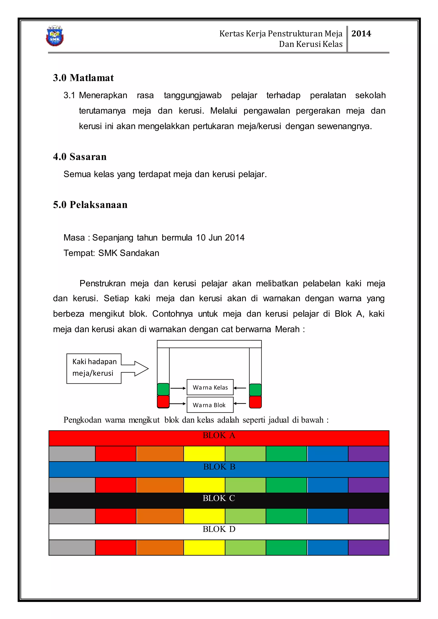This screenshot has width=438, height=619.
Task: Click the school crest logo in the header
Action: (55, 36)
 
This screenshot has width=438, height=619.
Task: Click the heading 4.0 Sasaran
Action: (80, 157)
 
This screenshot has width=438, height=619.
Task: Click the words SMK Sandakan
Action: (129, 253)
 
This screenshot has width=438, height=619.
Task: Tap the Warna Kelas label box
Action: (210, 388)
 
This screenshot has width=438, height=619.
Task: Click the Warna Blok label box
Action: (210, 405)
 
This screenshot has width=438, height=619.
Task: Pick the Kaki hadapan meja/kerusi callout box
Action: (94, 368)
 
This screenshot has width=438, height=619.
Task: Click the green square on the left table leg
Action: (163, 389)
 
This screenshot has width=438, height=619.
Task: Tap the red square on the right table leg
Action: (255, 402)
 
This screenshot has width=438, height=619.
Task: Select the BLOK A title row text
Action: (219, 435)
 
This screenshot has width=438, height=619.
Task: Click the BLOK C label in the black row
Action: (219, 498)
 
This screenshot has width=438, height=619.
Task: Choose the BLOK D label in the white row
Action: (219, 529)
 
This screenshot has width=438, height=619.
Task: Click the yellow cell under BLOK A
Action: (204, 454)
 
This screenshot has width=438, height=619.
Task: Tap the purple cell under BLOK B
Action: (368, 485)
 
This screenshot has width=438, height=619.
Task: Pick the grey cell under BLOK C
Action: (72, 516)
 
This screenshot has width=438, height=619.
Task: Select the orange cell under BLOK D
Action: (160, 548)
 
